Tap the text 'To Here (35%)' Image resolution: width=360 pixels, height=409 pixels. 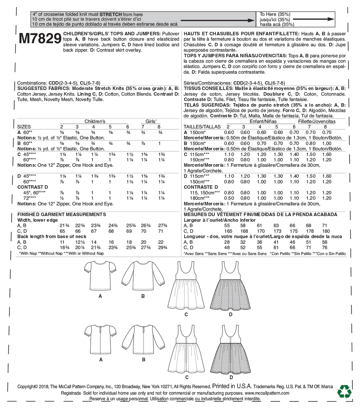(275, 14)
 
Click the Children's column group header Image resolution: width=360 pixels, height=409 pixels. (95, 121)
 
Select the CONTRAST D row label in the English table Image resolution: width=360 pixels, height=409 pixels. (32, 188)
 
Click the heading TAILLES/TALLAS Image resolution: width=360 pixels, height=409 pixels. (202, 127)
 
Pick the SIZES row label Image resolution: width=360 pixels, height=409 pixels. (24, 127)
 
